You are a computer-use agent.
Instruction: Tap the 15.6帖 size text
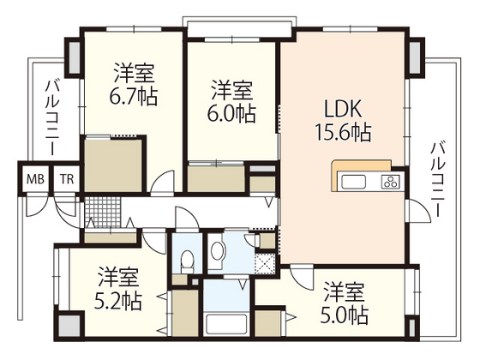[x=342, y=134]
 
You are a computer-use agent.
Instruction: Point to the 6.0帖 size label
[x=232, y=111]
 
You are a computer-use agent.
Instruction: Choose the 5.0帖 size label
[x=345, y=315]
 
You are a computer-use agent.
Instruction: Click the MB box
[x=35, y=179]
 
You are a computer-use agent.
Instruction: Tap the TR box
[x=66, y=179]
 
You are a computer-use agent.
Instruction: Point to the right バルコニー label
[x=437, y=180]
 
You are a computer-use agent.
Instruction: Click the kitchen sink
[x=354, y=181]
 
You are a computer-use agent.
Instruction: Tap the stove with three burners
[x=390, y=181]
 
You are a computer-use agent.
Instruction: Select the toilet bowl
[x=189, y=255]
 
